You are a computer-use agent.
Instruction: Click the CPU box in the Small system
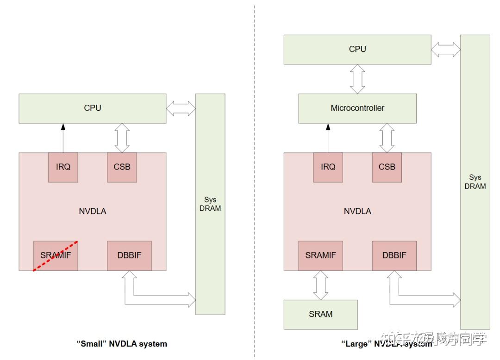92,108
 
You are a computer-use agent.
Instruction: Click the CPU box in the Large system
357,49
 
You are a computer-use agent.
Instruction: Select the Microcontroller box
357,108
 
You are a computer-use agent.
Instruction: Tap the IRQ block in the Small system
63,167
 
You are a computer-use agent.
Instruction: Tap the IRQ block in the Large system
328,167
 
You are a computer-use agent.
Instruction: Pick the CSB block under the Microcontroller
387,167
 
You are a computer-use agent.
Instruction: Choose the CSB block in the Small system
122,167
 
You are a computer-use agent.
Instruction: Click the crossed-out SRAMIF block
56,255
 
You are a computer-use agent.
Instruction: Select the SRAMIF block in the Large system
320,255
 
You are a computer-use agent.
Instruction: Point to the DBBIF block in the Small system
129,255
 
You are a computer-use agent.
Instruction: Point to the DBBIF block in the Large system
394,255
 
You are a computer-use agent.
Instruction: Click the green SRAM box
320,314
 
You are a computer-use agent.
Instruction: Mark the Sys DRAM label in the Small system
210,204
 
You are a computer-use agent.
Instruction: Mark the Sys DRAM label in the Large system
475,182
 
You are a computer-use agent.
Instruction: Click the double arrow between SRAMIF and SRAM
320,285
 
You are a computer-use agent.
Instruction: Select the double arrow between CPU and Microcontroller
357,79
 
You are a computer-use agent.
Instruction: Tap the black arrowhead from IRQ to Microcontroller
328,126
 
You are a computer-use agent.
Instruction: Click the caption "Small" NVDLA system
122,344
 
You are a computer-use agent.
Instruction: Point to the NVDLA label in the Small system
92,211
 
